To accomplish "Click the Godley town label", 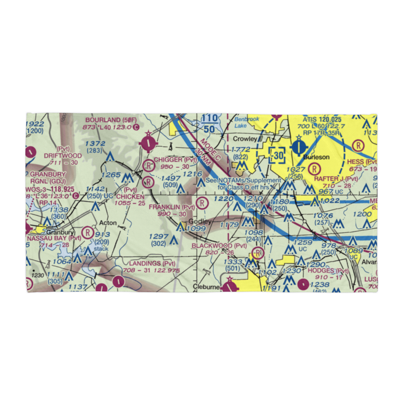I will click(200, 222).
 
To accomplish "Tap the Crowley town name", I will click(245, 139).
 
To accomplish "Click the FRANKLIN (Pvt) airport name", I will click(172, 207).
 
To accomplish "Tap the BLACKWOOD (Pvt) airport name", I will click(219, 246).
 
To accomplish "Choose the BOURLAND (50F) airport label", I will click(111, 120).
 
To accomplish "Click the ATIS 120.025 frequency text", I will click(322, 120).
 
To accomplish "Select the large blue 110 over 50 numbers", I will click(209, 123).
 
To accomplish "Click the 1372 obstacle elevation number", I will click(95, 144).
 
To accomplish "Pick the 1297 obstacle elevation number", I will click(158, 236).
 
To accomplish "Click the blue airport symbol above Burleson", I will click(299, 145).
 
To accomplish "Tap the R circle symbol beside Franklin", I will click(201, 203).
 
